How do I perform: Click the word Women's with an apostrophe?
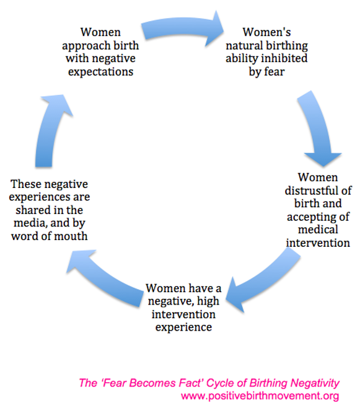pyautogui.click(x=266, y=32)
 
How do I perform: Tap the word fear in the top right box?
pyautogui.click(x=274, y=71)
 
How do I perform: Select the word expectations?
pyautogui.click(x=100, y=72)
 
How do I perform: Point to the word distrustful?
pyautogui.click(x=309, y=190)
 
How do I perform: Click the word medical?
pyautogui.click(x=318, y=230)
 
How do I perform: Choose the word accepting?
pyautogui.click(x=309, y=217)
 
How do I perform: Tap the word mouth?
pyautogui.click(x=71, y=236)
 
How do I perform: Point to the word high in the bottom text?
pyautogui.click(x=208, y=301)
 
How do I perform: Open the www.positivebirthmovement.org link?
pyautogui.click(x=260, y=396)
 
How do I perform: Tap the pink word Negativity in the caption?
pyautogui.click(x=315, y=383)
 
